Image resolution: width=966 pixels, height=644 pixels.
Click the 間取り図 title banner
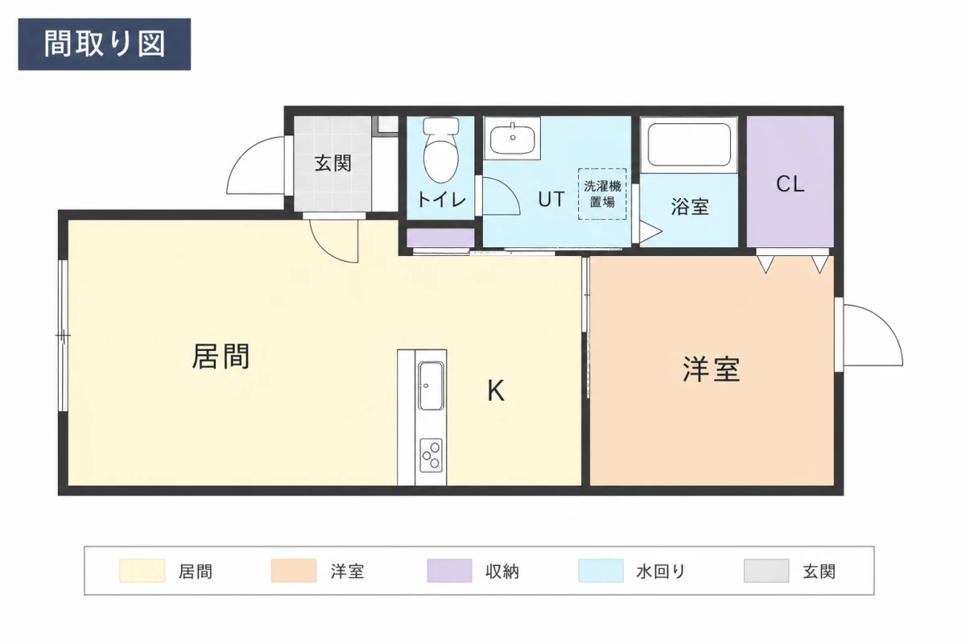pos(105,44)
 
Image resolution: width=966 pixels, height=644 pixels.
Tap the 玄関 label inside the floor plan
pos(333,163)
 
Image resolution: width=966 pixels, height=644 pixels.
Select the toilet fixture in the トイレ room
pos(441,150)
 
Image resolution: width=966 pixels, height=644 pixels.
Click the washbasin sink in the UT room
pos(512,138)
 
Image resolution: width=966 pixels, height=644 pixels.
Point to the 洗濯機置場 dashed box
pos(602,194)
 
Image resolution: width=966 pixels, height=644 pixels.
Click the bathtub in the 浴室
pos(689,145)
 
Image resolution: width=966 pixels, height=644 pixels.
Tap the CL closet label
pos(790,184)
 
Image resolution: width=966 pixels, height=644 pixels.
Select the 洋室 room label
pos(711,369)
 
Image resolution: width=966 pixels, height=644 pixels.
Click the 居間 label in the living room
pos(221,357)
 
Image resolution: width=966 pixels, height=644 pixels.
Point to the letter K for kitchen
pos(496,390)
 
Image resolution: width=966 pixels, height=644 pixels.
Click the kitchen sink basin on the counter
pos(431,386)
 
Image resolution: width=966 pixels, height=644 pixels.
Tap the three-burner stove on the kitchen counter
pos(431,456)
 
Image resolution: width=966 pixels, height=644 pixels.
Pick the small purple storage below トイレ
pos(440,238)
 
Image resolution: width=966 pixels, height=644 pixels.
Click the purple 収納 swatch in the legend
pos(449,571)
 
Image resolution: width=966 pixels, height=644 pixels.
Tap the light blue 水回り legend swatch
pos(601,571)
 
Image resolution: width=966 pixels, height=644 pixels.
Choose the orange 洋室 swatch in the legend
pos(294,571)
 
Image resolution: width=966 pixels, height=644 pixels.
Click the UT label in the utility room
pos(551,199)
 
